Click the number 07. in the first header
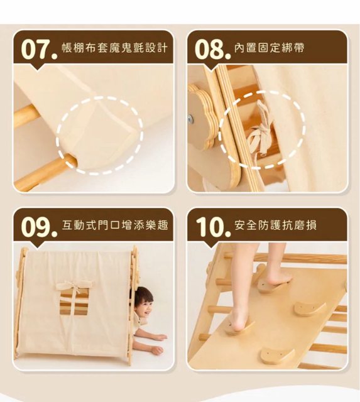coord(39,49)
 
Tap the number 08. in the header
coord(212,49)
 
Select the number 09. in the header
coord(39,227)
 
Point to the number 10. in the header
coord(213,227)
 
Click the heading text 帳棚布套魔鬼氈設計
coord(114,48)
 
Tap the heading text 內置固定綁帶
coord(270,48)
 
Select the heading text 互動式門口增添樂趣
coord(114,225)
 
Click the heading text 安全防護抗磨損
coord(275,225)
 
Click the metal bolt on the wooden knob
coord(191,119)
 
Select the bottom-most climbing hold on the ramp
coord(278,356)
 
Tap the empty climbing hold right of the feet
coord(310,308)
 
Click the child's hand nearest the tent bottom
coord(156,350)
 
